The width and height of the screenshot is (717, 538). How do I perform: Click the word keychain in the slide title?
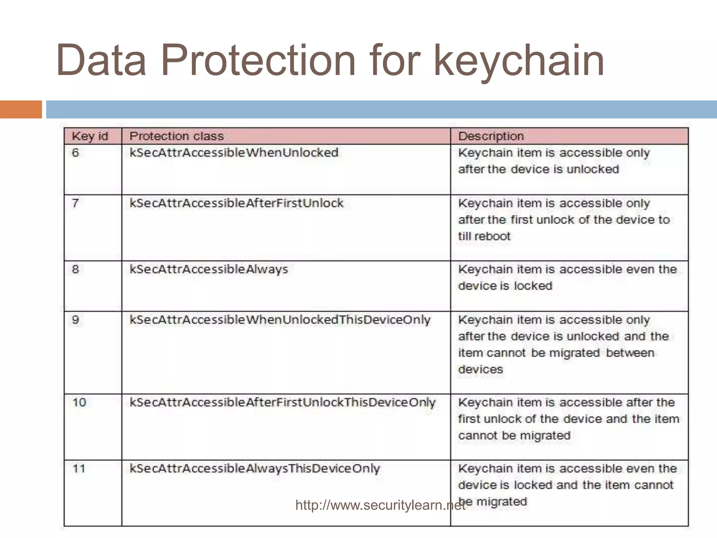pos(519,60)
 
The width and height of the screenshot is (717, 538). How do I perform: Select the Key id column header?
pos(90,136)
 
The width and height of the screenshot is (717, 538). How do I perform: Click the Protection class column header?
pos(176,136)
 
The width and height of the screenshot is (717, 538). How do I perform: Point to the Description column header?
pos(491,136)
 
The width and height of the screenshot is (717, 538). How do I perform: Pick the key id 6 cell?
pos(76,153)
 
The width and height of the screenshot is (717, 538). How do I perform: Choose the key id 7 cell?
pos(76,203)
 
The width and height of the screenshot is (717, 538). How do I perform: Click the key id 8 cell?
pos(76,269)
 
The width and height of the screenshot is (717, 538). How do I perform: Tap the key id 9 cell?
pos(76,320)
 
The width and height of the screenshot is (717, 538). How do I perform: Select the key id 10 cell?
pos(79,402)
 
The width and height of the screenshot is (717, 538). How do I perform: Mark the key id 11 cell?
pos(79,469)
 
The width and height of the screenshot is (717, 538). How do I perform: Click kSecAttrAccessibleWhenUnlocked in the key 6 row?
pos(234,153)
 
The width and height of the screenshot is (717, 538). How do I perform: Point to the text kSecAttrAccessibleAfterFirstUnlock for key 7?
pos(237,203)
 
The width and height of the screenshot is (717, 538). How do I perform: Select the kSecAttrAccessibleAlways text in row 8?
pos(209,269)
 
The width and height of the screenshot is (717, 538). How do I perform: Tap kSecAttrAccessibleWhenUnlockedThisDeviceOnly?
pos(280,320)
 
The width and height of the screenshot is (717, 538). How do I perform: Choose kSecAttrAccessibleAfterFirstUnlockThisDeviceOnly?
pos(283,402)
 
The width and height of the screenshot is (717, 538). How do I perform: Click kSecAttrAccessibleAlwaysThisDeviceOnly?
pos(255,469)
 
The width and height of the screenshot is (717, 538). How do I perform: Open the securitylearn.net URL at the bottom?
pos(380,505)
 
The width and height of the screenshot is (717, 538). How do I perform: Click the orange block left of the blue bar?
pos(21,109)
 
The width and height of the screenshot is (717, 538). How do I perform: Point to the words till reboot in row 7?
pos(484,236)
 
